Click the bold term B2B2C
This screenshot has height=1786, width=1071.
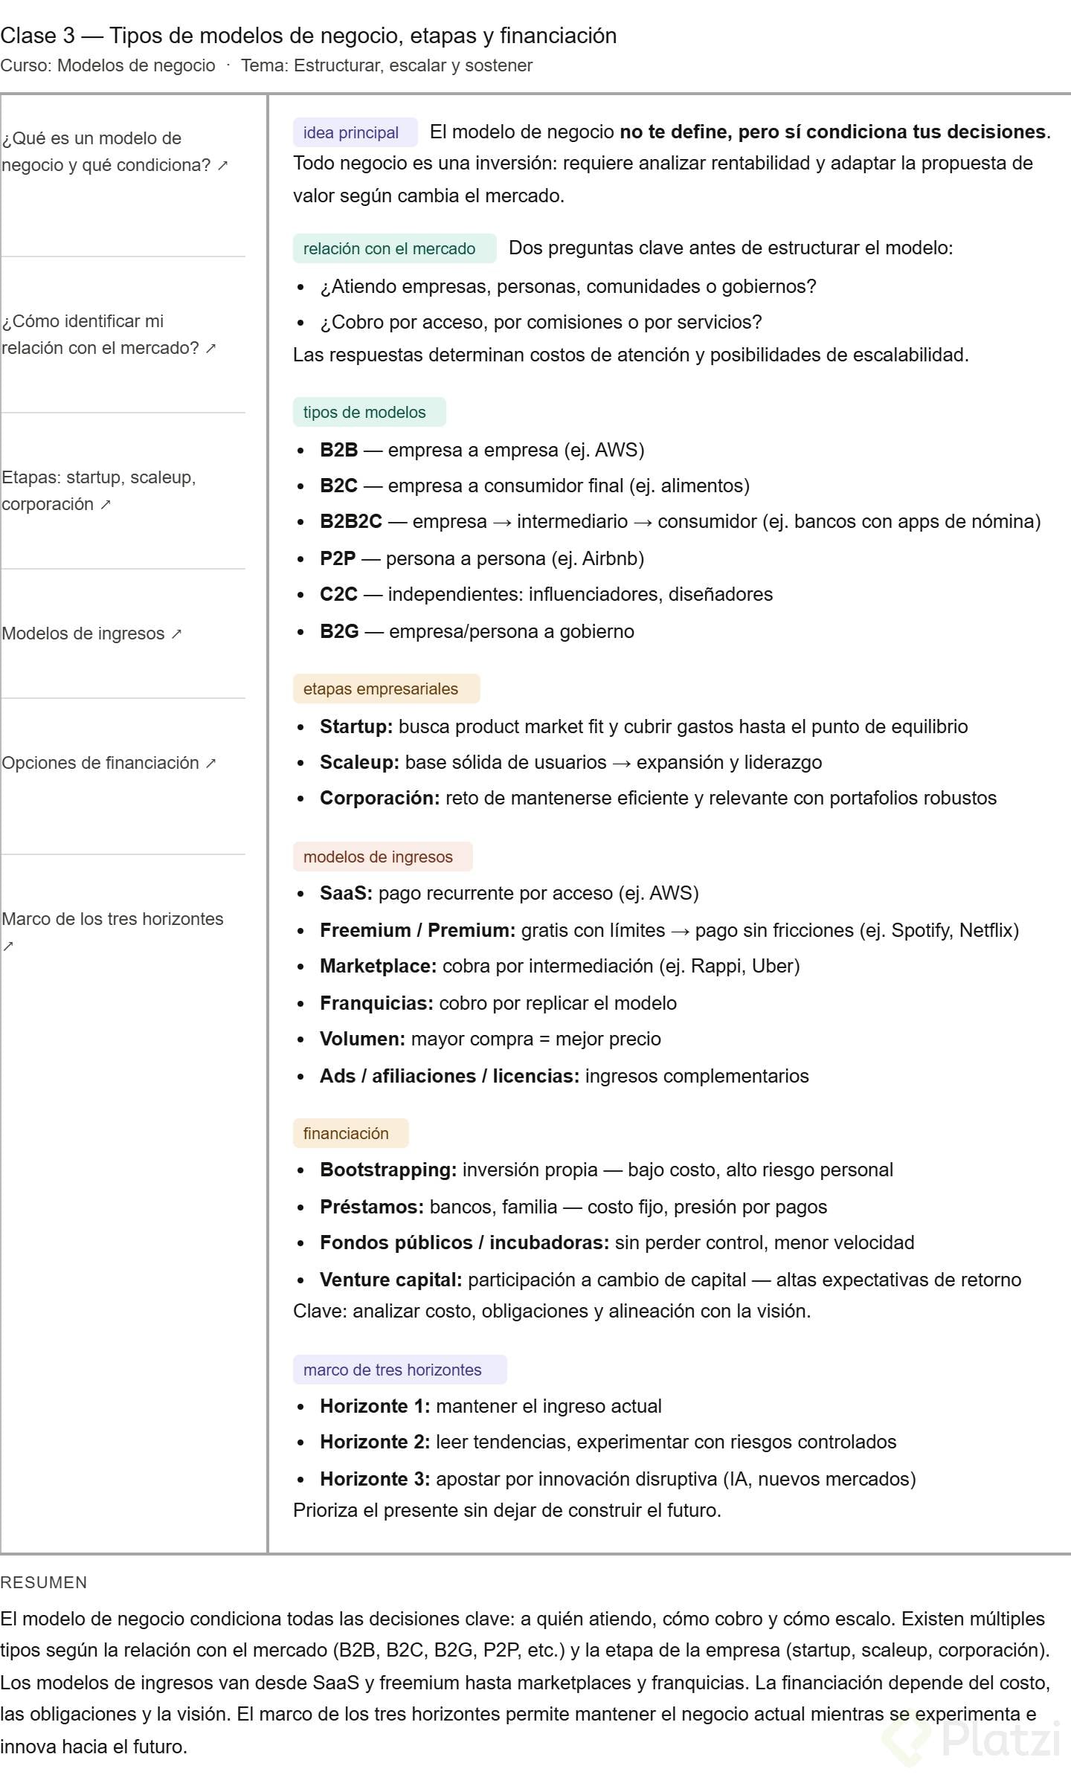[350, 521]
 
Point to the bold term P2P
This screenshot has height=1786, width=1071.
[338, 558]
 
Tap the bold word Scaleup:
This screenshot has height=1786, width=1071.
[359, 762]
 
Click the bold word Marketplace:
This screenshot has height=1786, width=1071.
[378, 966]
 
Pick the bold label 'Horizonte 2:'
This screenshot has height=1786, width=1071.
[375, 1442]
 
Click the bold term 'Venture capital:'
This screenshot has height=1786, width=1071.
[390, 1280]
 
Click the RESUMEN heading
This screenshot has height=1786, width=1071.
[44, 1582]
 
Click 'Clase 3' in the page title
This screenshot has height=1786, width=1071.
[37, 36]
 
